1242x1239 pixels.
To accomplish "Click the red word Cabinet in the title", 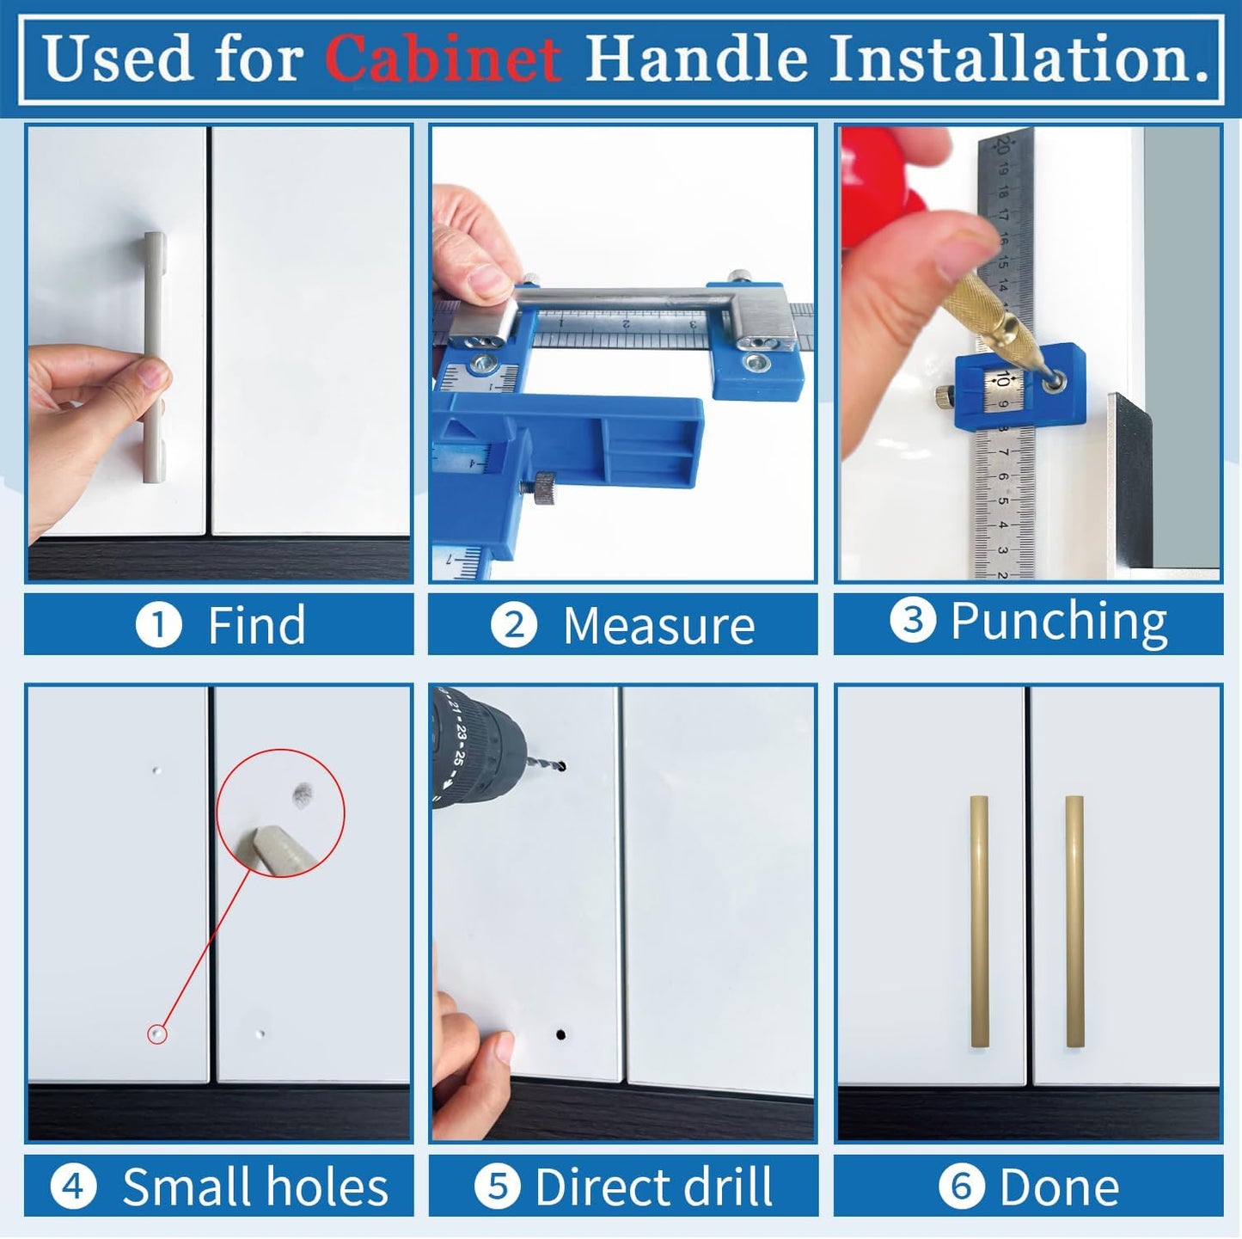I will point(443,58).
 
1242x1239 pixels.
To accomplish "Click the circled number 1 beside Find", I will point(159,625).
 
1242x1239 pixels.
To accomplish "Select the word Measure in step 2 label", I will point(658,625).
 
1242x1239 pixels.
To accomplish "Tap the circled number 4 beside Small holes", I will point(73,1187).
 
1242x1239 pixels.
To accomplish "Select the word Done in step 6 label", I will point(1059,1187).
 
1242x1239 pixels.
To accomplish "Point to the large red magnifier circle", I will point(280,813).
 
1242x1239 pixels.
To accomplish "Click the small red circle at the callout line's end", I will point(157,1034).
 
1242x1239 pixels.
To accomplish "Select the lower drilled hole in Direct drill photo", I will point(561,1034).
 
